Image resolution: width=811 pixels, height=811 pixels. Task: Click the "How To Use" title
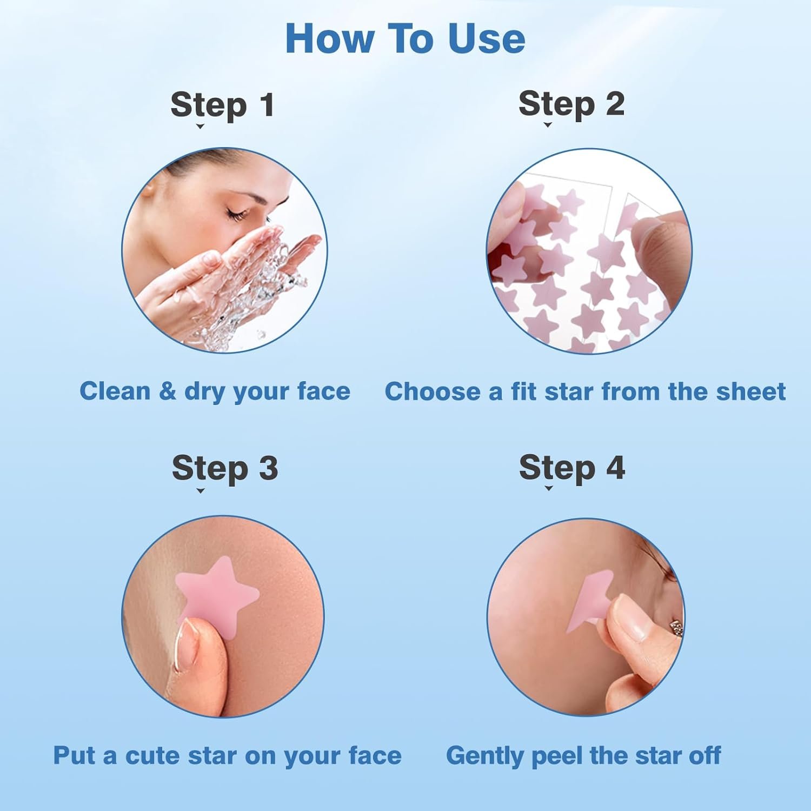[x=405, y=39]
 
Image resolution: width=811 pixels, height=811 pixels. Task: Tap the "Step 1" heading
[x=222, y=104]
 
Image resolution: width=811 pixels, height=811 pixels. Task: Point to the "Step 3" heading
[x=224, y=468]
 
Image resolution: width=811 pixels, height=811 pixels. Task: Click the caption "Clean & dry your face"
[x=215, y=391]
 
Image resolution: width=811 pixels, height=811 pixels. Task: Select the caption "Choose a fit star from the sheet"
[x=584, y=391]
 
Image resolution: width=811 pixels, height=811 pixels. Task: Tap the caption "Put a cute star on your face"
[x=227, y=755]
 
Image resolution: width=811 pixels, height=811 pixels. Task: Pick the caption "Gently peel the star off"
[x=583, y=755]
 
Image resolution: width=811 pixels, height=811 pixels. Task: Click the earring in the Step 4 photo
[x=676, y=628]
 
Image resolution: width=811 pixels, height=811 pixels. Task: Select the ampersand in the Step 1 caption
[x=167, y=391]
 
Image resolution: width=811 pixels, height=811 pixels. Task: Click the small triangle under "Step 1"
[x=200, y=127]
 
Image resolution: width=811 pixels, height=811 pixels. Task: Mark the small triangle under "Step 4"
[x=549, y=488]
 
